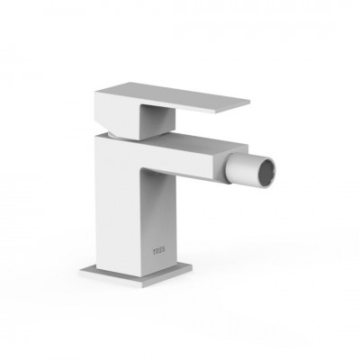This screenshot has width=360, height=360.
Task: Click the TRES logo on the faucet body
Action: pyautogui.click(x=158, y=252)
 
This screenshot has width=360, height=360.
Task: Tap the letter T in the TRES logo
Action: pyautogui.click(x=155, y=252)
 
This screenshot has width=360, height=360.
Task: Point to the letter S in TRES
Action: pyautogui.click(x=163, y=252)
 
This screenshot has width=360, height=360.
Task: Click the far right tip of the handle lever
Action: pyautogui.click(x=249, y=101)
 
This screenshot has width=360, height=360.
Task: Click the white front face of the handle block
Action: pyautogui.click(x=118, y=115)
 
